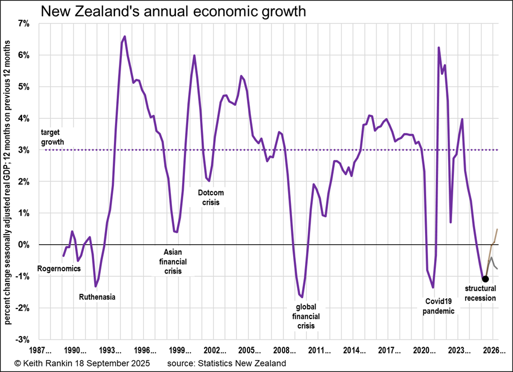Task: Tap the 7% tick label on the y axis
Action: coord(26,24)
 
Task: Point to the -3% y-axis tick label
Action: coord(25,340)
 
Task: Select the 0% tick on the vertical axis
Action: coord(26,245)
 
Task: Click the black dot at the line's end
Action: coord(485,279)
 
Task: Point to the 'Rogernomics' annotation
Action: coord(59,268)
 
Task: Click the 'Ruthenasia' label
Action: coord(97,296)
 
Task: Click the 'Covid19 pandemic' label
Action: coord(438,305)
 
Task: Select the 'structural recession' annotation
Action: coord(480,293)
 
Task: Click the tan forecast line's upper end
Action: coord(497,229)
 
